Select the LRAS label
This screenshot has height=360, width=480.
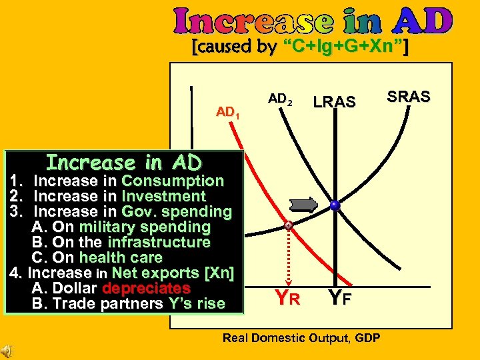(335, 102)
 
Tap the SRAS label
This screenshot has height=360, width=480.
(409, 96)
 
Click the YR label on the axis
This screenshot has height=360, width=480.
(287, 299)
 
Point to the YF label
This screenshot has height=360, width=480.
(339, 299)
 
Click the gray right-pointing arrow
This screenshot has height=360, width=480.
(305, 205)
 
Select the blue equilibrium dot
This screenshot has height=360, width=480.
(335, 206)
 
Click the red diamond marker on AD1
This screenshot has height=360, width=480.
(288, 225)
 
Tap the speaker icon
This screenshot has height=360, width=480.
(7, 351)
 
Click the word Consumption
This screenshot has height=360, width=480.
(173, 181)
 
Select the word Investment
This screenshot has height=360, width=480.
(164, 196)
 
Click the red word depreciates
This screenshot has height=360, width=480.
(147, 289)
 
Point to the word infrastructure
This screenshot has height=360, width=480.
(159, 242)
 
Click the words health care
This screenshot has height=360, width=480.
(121, 257)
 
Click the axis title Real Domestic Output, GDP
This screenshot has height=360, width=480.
(301, 338)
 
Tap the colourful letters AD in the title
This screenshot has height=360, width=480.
(423, 21)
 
